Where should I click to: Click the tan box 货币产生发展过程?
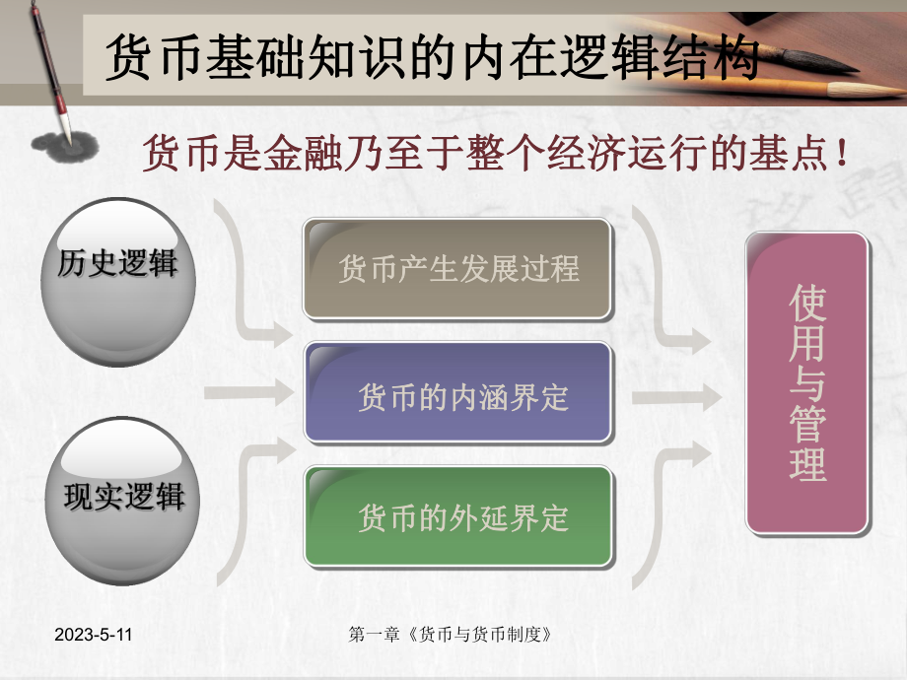[x=457, y=268]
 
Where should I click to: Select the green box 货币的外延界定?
[x=457, y=516]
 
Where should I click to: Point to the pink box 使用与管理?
[x=807, y=383]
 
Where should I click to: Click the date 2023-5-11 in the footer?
[x=93, y=635]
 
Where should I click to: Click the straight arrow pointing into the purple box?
[x=250, y=392]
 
